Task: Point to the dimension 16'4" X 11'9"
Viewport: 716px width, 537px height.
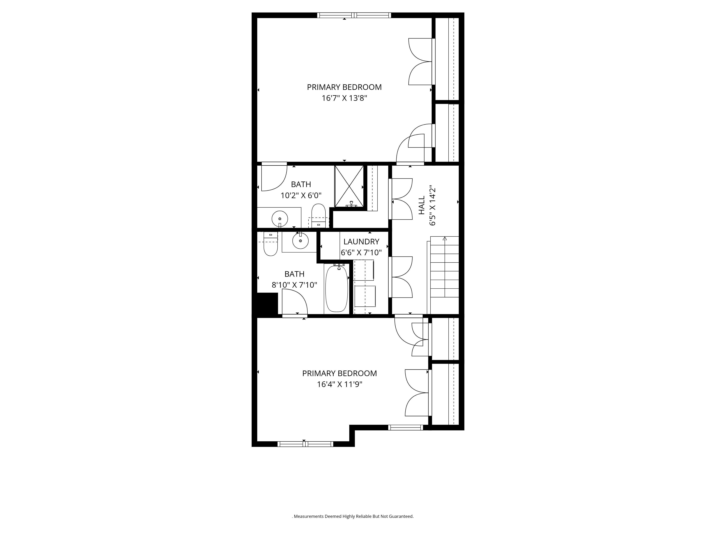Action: (340, 384)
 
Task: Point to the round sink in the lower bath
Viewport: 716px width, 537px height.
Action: (300, 241)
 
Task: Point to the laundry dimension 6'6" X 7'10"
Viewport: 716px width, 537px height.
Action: (361, 252)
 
